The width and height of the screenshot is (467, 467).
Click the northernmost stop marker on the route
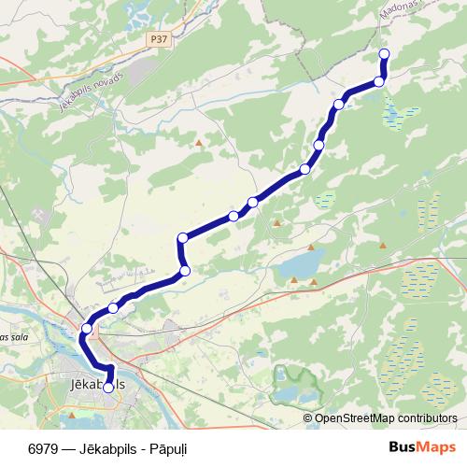tap(384, 53)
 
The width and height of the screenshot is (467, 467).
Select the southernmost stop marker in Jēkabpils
tap(108, 387)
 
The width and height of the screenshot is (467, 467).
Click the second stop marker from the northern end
tap(379, 82)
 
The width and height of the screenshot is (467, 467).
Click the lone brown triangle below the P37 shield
tap(199, 143)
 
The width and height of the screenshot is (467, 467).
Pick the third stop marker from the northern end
tap(339, 104)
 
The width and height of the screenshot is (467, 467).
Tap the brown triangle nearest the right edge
tap(383, 246)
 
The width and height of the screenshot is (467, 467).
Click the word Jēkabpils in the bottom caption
tap(99, 448)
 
